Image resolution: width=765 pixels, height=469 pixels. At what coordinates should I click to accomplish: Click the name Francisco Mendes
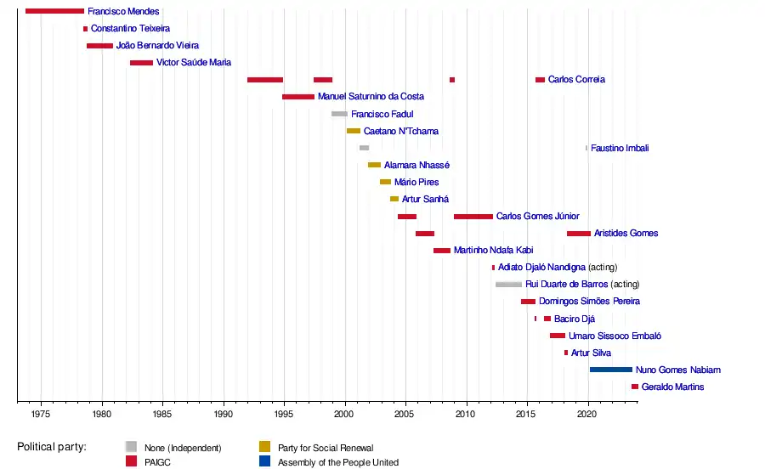tap(123, 12)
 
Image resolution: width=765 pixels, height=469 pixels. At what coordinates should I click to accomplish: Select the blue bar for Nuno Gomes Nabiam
tap(610, 370)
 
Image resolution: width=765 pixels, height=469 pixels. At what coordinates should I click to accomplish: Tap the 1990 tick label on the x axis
tap(224, 414)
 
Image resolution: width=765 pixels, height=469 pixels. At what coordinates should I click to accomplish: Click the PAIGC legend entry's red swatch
tap(131, 461)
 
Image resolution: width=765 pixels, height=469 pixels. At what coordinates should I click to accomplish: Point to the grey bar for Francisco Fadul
tap(339, 114)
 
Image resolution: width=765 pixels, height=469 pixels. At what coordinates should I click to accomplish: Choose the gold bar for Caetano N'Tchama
tap(353, 131)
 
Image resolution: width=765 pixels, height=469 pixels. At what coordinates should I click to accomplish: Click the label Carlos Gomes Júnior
tap(537, 217)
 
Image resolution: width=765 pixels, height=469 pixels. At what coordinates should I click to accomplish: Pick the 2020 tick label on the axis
tap(587, 414)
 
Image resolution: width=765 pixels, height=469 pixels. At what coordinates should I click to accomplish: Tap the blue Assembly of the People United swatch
tap(265, 461)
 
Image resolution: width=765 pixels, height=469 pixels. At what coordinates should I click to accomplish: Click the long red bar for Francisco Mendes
tap(54, 11)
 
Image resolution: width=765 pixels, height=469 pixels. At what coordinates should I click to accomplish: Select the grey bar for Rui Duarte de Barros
tap(508, 285)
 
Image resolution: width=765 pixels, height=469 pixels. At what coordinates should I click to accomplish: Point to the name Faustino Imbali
tap(620, 148)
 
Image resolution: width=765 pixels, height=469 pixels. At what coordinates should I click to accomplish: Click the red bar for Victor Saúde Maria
tap(141, 63)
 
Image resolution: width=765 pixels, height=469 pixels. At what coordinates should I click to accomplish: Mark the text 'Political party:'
tap(52, 447)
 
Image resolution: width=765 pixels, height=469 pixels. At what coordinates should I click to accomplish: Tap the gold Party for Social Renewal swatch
tap(265, 447)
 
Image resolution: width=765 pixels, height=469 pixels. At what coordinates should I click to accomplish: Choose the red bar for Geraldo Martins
tap(635, 387)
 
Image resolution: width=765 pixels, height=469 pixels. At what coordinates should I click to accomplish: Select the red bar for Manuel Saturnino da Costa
tap(298, 97)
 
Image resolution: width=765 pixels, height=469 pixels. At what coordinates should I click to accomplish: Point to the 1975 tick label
tap(42, 414)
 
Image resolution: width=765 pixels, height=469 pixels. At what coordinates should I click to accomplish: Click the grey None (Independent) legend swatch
tap(131, 447)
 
